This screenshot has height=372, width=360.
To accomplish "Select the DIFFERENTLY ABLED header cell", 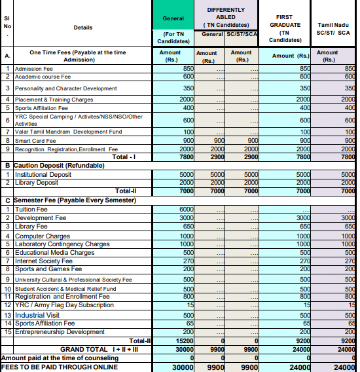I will pos(226,16).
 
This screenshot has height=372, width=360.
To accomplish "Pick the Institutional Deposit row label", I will pos(45,174).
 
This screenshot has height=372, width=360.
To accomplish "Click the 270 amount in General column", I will pos(187,261).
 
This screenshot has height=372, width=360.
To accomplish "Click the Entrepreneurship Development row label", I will pos(60,332).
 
